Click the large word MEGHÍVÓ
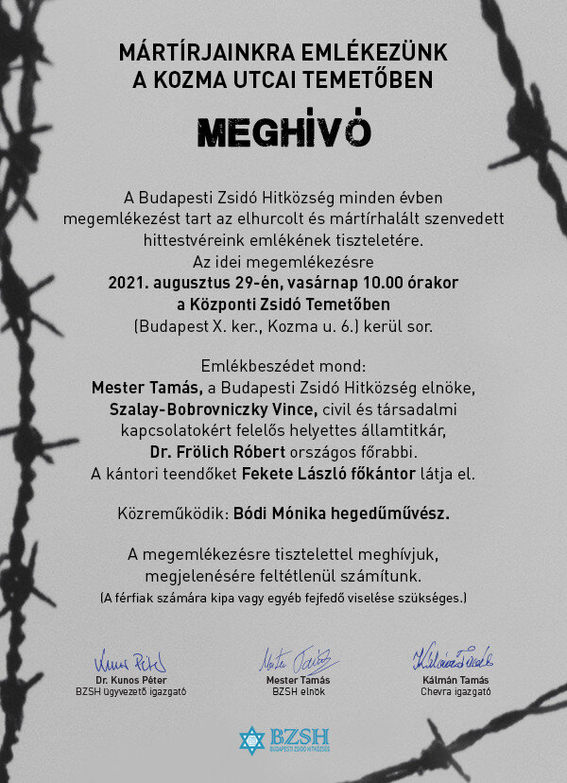283,131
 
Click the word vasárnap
324,282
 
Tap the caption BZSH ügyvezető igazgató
130,691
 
